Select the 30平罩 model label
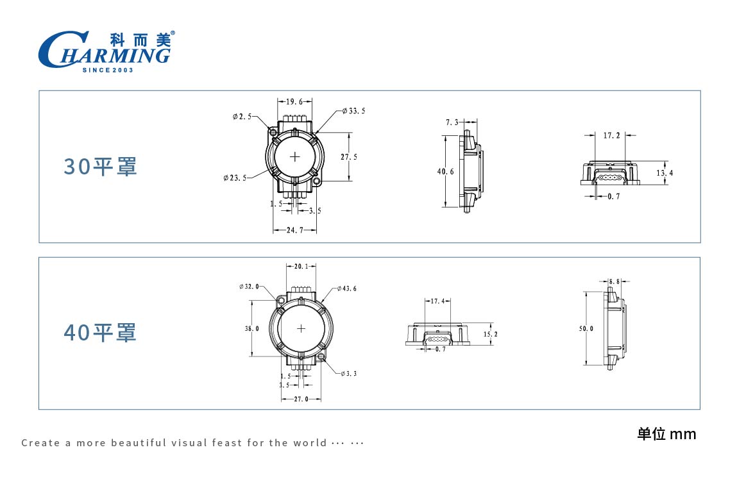tap(100, 167)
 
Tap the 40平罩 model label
tap(100, 333)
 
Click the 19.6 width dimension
tap(294, 101)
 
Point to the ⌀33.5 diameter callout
tap(353, 111)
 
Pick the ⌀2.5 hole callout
tap(242, 117)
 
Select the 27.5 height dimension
tap(349, 157)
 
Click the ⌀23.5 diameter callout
tap(235, 178)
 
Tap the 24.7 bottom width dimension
tap(294, 230)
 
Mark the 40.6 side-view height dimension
tap(446, 172)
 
